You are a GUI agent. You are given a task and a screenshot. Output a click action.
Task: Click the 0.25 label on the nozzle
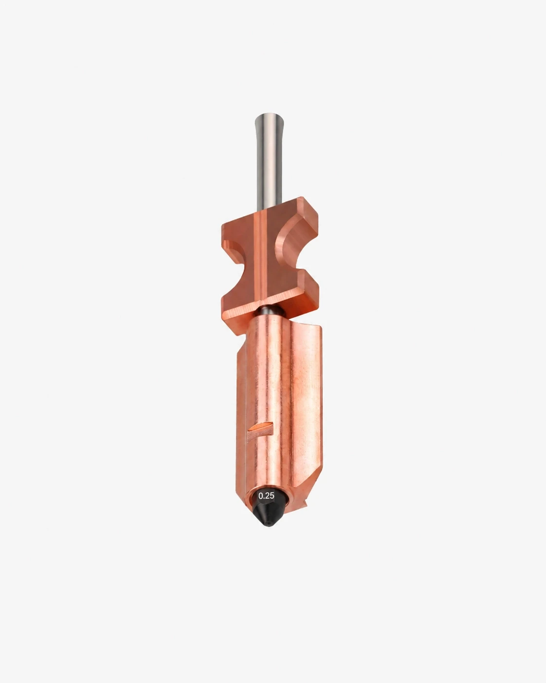(x=266, y=496)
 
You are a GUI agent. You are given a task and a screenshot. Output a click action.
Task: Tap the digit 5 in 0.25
(x=272, y=496)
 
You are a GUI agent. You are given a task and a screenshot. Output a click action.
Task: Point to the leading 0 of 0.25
(x=261, y=496)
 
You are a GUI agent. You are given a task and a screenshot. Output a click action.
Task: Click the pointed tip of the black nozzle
(x=269, y=525)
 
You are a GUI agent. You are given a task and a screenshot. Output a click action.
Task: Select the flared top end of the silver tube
(x=269, y=119)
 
